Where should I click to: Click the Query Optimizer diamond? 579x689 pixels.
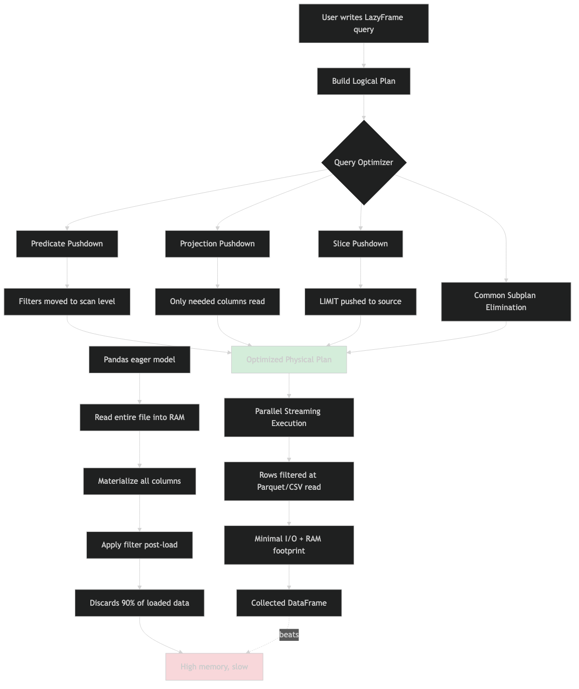coord(364,163)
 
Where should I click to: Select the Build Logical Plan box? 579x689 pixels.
coord(364,81)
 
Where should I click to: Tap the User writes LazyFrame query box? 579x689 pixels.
coord(364,24)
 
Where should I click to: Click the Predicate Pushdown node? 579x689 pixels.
coord(67,244)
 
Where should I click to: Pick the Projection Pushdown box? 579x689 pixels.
coord(217,244)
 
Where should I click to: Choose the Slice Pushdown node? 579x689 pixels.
coord(360,244)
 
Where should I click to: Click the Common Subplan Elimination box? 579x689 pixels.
coord(506,302)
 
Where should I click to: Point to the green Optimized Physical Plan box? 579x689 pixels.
coord(289,360)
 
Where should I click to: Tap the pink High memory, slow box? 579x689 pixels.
coord(214,667)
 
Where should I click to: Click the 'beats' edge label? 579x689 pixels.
coord(289,635)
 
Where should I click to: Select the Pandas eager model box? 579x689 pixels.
coord(139,360)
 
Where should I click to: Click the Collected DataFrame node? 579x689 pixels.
coord(289,603)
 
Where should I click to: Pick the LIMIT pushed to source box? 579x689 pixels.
coord(360,302)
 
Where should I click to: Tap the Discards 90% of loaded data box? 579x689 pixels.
coord(139,603)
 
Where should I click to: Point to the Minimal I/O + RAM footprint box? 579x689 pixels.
coord(289,545)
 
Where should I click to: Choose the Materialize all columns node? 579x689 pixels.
coord(139,481)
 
